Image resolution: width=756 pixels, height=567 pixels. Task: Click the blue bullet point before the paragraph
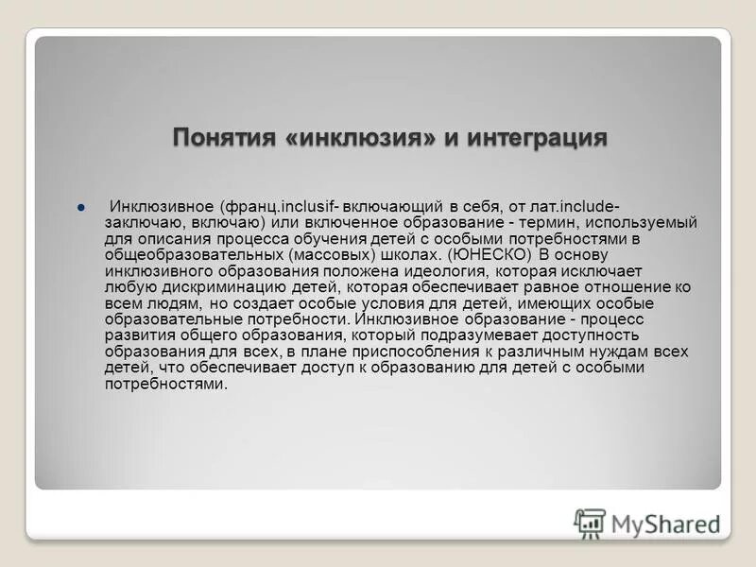[x=82, y=206]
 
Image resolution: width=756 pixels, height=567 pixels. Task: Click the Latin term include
[x=586, y=206]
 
